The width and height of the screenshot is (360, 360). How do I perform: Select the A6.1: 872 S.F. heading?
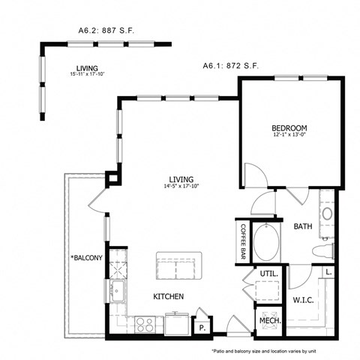point(231,67)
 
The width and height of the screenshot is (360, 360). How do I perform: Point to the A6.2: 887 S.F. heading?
point(106,32)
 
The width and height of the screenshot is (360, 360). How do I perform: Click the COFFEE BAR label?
point(244,241)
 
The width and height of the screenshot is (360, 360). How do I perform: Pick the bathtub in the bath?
point(266,244)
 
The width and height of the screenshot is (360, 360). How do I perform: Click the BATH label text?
point(303,226)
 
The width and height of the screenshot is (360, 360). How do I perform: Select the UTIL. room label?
point(270,274)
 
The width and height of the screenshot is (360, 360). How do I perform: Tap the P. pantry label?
point(202,328)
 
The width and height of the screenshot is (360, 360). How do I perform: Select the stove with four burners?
point(145,324)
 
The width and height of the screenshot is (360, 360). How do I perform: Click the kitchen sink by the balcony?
point(118,289)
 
